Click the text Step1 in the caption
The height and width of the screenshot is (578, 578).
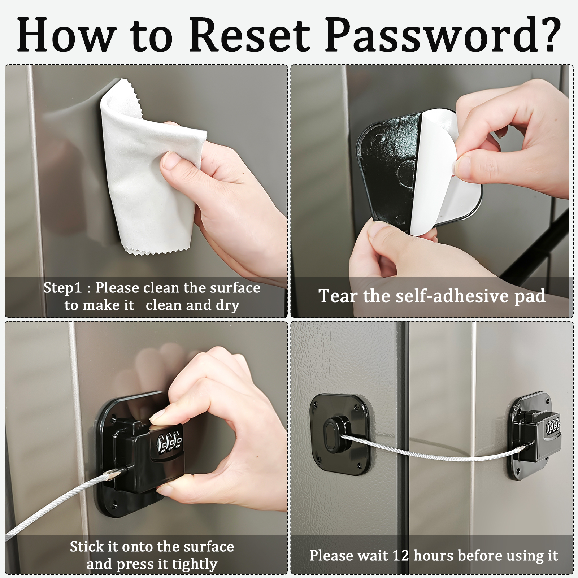(x=63, y=288)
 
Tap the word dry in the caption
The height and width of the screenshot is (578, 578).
(x=228, y=306)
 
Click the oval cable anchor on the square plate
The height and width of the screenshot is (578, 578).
(x=332, y=434)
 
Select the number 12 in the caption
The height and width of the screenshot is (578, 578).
(x=400, y=555)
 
